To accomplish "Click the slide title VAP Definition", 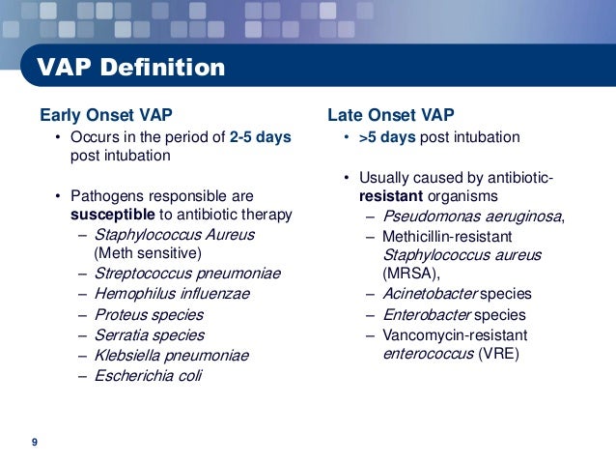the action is pyautogui.click(x=130, y=67).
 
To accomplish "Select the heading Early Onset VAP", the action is pyautogui.click(x=106, y=115).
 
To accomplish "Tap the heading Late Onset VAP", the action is pyautogui.click(x=391, y=115).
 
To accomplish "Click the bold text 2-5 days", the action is pyautogui.click(x=261, y=137).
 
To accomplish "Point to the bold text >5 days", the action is pyautogui.click(x=387, y=137).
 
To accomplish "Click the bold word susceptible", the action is pyautogui.click(x=113, y=215).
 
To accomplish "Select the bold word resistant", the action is pyautogui.click(x=391, y=196).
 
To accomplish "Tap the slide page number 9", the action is pyautogui.click(x=35, y=442).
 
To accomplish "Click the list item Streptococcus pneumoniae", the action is pyautogui.click(x=187, y=274).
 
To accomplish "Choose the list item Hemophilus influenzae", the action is pyautogui.click(x=172, y=294).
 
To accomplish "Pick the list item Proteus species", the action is pyautogui.click(x=149, y=315).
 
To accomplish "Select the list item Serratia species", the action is pyautogui.click(x=150, y=335).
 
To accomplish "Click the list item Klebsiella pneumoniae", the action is pyautogui.click(x=172, y=356).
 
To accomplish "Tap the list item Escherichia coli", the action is pyautogui.click(x=148, y=376).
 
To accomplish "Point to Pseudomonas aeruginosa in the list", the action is pyautogui.click(x=472, y=217).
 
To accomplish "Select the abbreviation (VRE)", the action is pyautogui.click(x=499, y=354).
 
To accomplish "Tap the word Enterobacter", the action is pyautogui.click(x=427, y=315).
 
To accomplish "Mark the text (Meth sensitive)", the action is pyautogui.click(x=148, y=253).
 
